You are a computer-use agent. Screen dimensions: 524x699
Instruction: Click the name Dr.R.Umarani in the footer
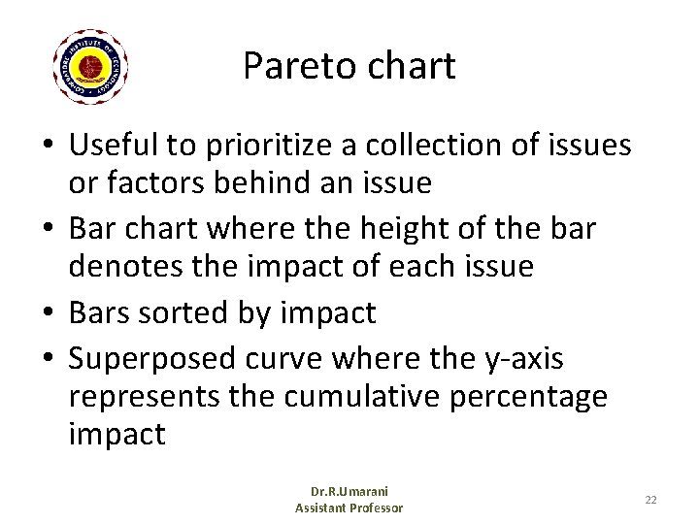point(349,491)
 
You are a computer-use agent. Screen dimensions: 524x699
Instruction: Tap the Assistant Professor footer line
point(349,508)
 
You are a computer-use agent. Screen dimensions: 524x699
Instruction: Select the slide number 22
point(650,499)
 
